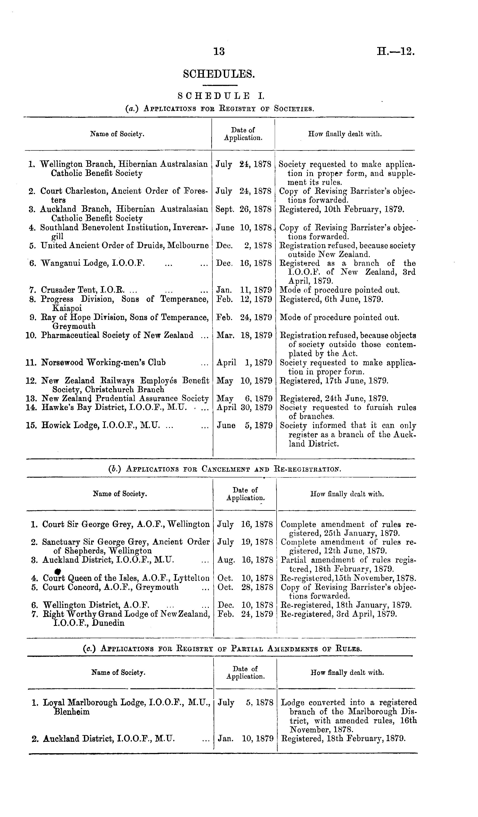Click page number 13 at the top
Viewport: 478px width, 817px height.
click(219, 51)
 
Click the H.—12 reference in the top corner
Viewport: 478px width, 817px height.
click(396, 51)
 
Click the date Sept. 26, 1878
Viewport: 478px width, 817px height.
click(243, 210)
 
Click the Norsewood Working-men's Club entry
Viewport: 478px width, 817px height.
click(104, 362)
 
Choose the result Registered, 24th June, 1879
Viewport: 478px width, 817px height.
click(334, 398)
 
